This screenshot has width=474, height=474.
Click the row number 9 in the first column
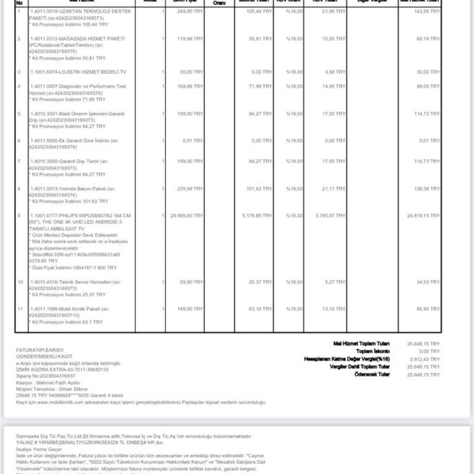pos(19,215)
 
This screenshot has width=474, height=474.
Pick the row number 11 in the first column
pos(20,309)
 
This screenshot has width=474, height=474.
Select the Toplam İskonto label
pos(371,350)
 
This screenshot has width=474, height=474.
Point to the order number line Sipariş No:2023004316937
pos(46,375)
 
